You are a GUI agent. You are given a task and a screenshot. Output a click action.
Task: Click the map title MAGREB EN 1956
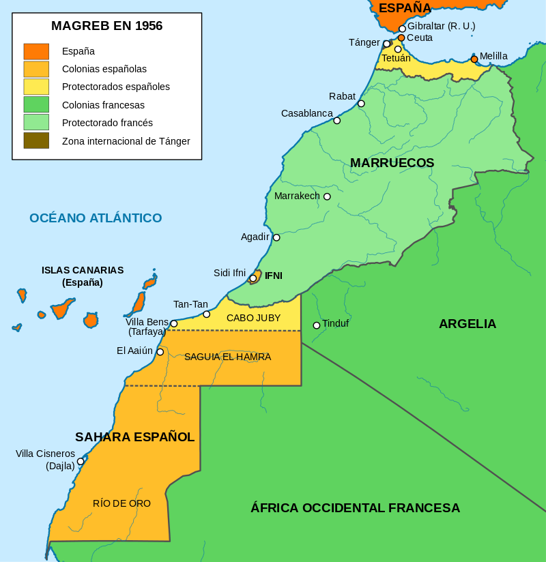click(x=106, y=26)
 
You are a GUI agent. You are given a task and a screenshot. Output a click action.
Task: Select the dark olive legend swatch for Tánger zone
click(x=36, y=140)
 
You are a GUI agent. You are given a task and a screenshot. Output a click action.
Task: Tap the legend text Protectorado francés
click(x=107, y=123)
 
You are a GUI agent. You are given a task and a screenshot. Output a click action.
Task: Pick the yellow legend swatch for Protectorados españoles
click(x=36, y=87)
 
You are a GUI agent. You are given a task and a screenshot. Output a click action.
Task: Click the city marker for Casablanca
click(x=336, y=120)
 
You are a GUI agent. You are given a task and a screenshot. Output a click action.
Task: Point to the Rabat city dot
click(x=361, y=104)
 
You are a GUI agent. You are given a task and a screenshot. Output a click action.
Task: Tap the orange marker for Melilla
click(x=474, y=59)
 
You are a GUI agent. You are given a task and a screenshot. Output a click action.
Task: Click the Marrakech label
click(x=297, y=196)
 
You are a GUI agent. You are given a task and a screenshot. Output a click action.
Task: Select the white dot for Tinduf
click(x=317, y=325)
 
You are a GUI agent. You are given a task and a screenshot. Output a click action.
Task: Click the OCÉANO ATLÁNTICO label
click(x=96, y=218)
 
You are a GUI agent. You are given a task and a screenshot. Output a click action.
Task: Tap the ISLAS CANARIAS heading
click(x=83, y=270)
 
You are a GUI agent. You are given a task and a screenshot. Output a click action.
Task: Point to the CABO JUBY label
click(x=253, y=318)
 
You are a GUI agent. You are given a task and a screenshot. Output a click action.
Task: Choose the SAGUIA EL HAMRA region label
click(x=227, y=357)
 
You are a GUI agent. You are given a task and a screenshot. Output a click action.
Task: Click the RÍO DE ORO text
click(x=121, y=503)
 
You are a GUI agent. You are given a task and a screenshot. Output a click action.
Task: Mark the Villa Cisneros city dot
click(x=81, y=461)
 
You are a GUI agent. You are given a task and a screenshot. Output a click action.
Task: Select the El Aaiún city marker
click(x=160, y=352)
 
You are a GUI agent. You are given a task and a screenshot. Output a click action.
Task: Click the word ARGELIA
click(x=468, y=324)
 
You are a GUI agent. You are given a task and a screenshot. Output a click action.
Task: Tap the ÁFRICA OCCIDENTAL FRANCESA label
click(x=355, y=508)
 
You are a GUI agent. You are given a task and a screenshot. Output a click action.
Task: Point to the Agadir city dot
click(x=276, y=237)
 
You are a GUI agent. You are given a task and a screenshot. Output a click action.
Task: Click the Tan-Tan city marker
click(x=206, y=314)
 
